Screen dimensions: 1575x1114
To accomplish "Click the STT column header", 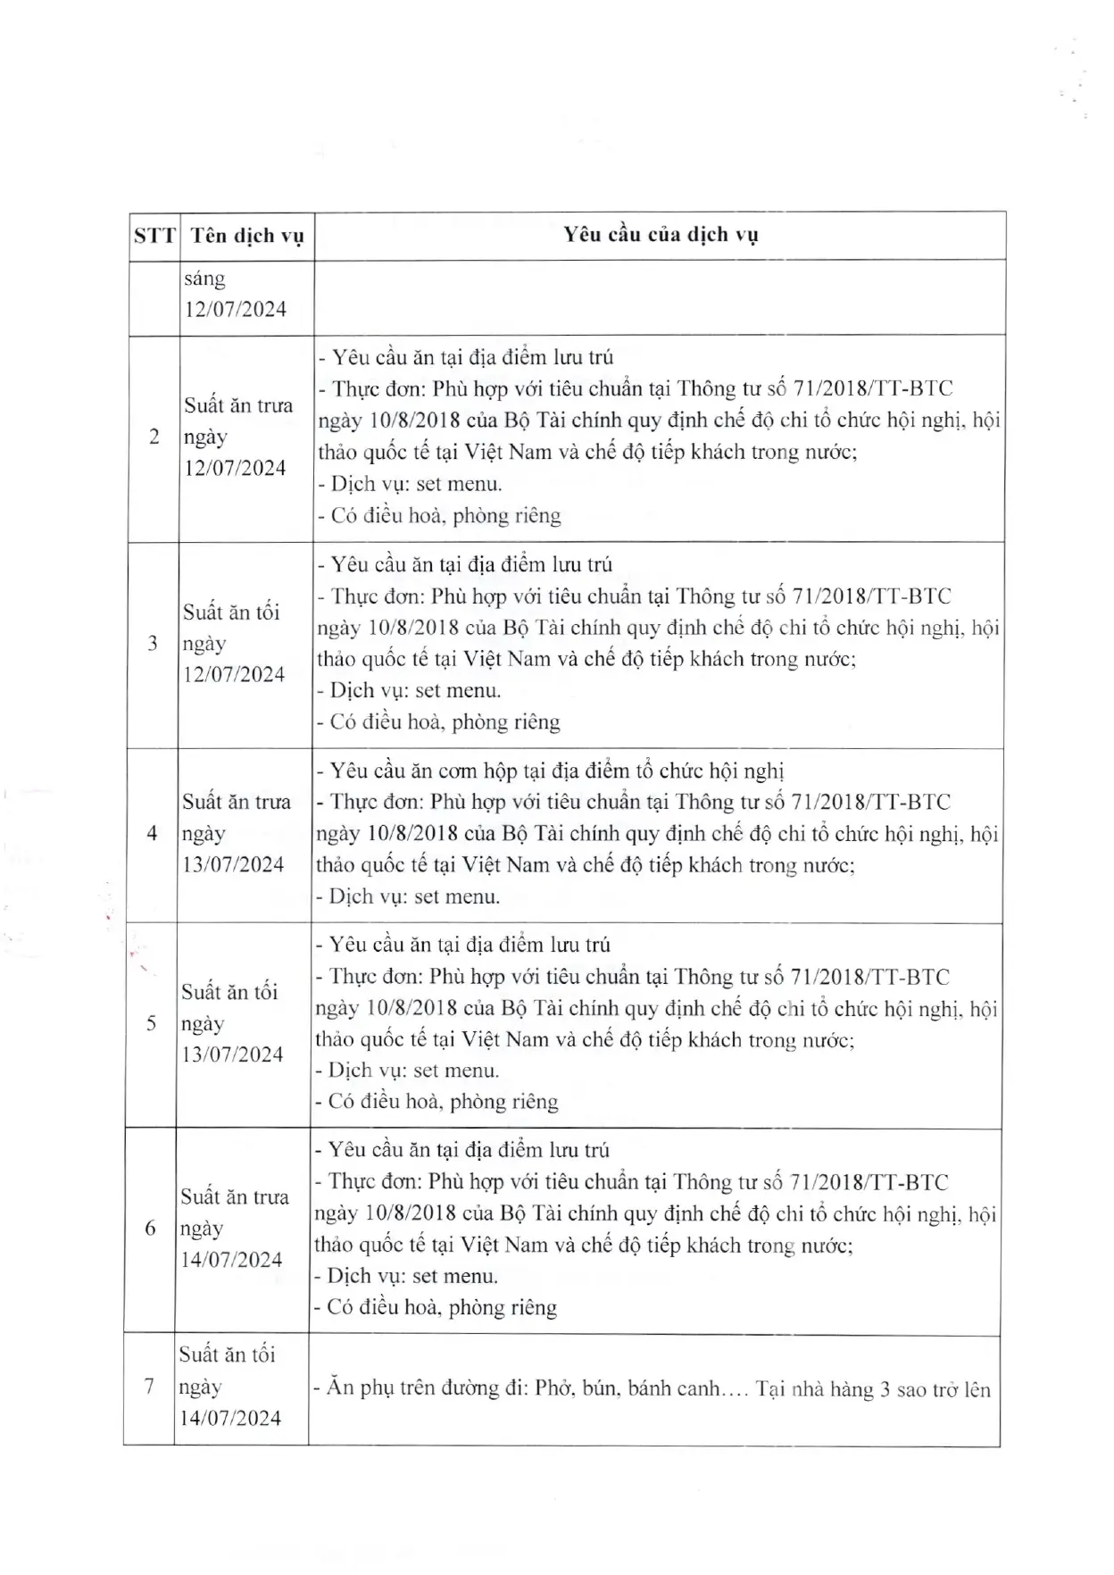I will click(154, 236).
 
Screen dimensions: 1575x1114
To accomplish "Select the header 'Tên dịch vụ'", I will click(247, 236).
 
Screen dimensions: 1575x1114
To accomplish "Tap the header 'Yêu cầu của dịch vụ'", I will click(661, 235).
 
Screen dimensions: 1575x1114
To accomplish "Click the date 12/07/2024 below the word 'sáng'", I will click(236, 309).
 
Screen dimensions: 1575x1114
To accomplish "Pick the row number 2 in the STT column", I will click(154, 437).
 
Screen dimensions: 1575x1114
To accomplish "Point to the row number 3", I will click(153, 643).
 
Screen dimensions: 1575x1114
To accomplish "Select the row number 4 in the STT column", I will click(152, 833).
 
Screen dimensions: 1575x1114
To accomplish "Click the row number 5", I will click(151, 1023).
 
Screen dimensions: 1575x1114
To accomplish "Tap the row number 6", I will click(150, 1229).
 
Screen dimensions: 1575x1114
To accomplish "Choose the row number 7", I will click(149, 1387).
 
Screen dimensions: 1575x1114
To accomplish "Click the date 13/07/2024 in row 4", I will click(233, 864).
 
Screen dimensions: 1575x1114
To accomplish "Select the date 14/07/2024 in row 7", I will click(230, 1418).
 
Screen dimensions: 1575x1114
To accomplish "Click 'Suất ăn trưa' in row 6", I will click(235, 1196).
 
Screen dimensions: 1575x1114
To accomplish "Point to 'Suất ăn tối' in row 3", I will click(231, 612).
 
